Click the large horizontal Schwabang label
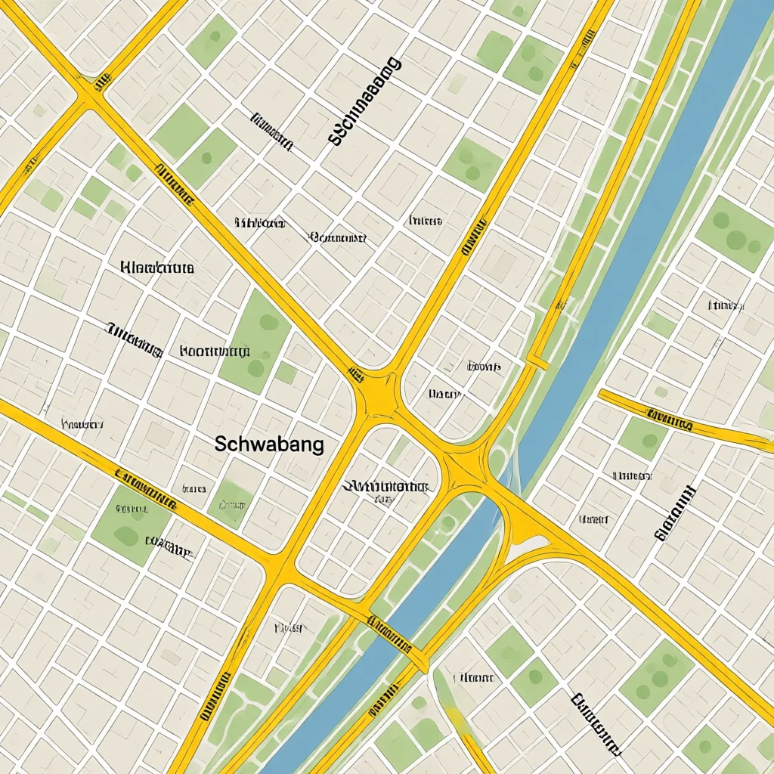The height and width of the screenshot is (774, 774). (x=269, y=444)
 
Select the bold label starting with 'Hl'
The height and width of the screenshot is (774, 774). (x=157, y=268)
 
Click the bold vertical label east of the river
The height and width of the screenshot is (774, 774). (x=675, y=513)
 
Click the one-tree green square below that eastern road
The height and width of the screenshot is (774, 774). (x=642, y=438)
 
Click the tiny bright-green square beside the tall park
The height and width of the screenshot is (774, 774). (x=286, y=372)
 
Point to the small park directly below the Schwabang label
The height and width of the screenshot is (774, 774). (x=230, y=503)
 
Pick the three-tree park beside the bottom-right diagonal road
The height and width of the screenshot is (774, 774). (x=655, y=677)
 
